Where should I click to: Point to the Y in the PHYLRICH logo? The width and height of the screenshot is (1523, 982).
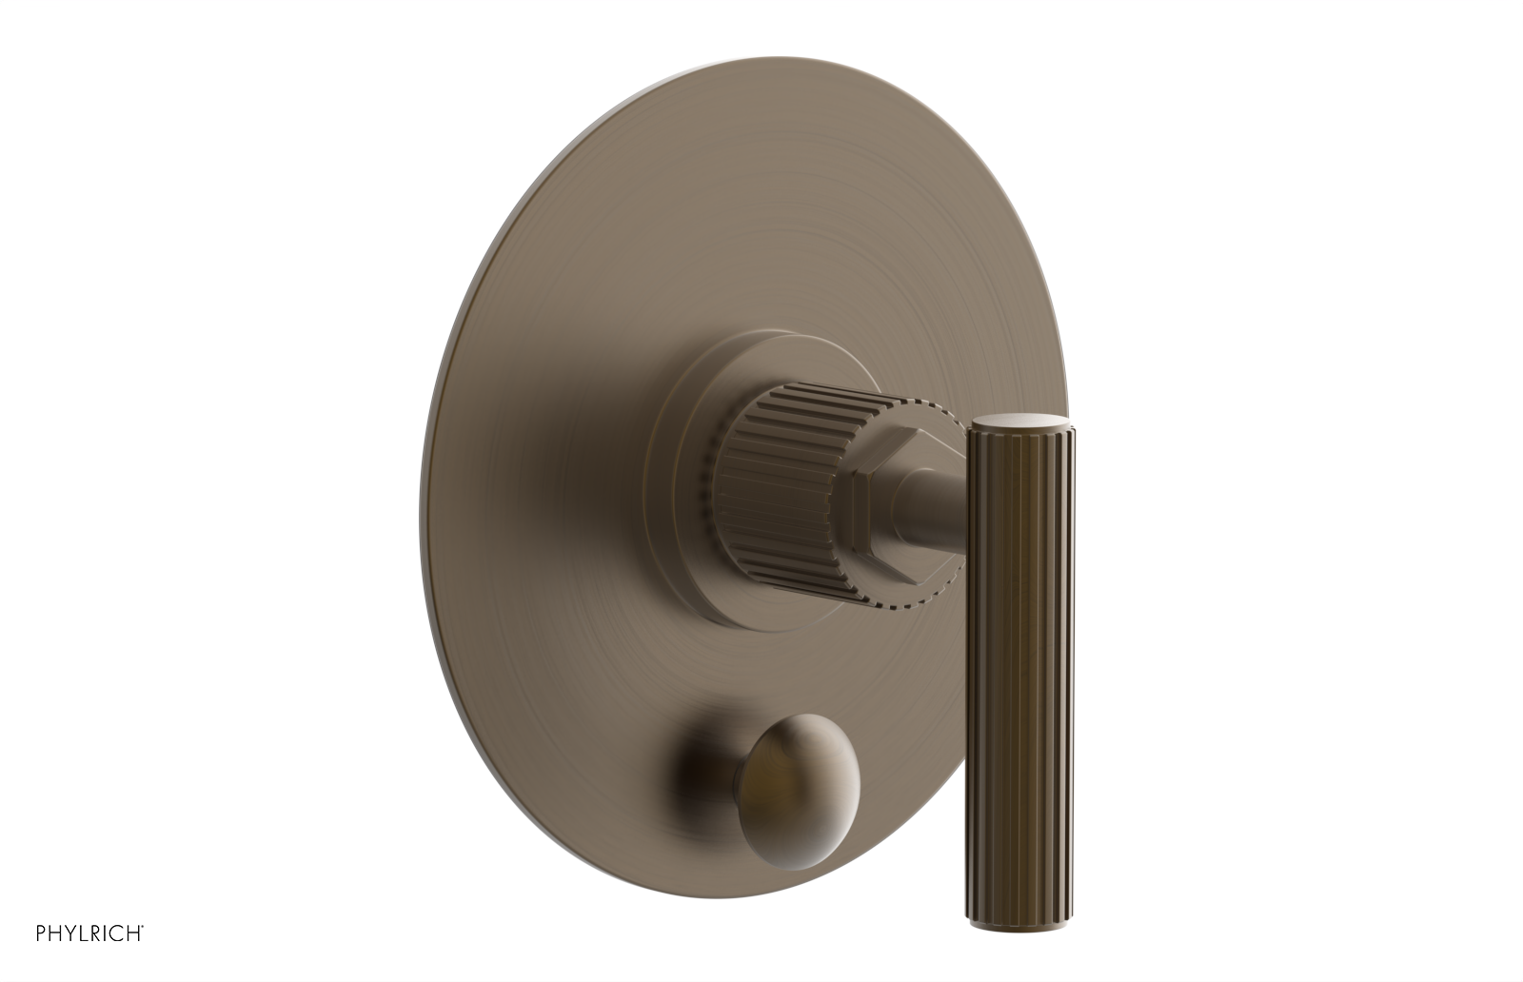[x=73, y=933]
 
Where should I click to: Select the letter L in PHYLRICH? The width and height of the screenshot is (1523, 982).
[x=87, y=933]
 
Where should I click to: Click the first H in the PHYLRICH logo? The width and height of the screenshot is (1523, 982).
[x=56, y=933]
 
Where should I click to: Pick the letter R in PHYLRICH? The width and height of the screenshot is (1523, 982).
[x=99, y=933]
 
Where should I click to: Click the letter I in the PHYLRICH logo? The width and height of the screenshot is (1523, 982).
[x=109, y=933]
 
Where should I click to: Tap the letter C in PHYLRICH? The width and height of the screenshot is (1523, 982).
[x=119, y=933]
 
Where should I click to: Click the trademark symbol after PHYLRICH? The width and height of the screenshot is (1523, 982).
[x=143, y=926]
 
